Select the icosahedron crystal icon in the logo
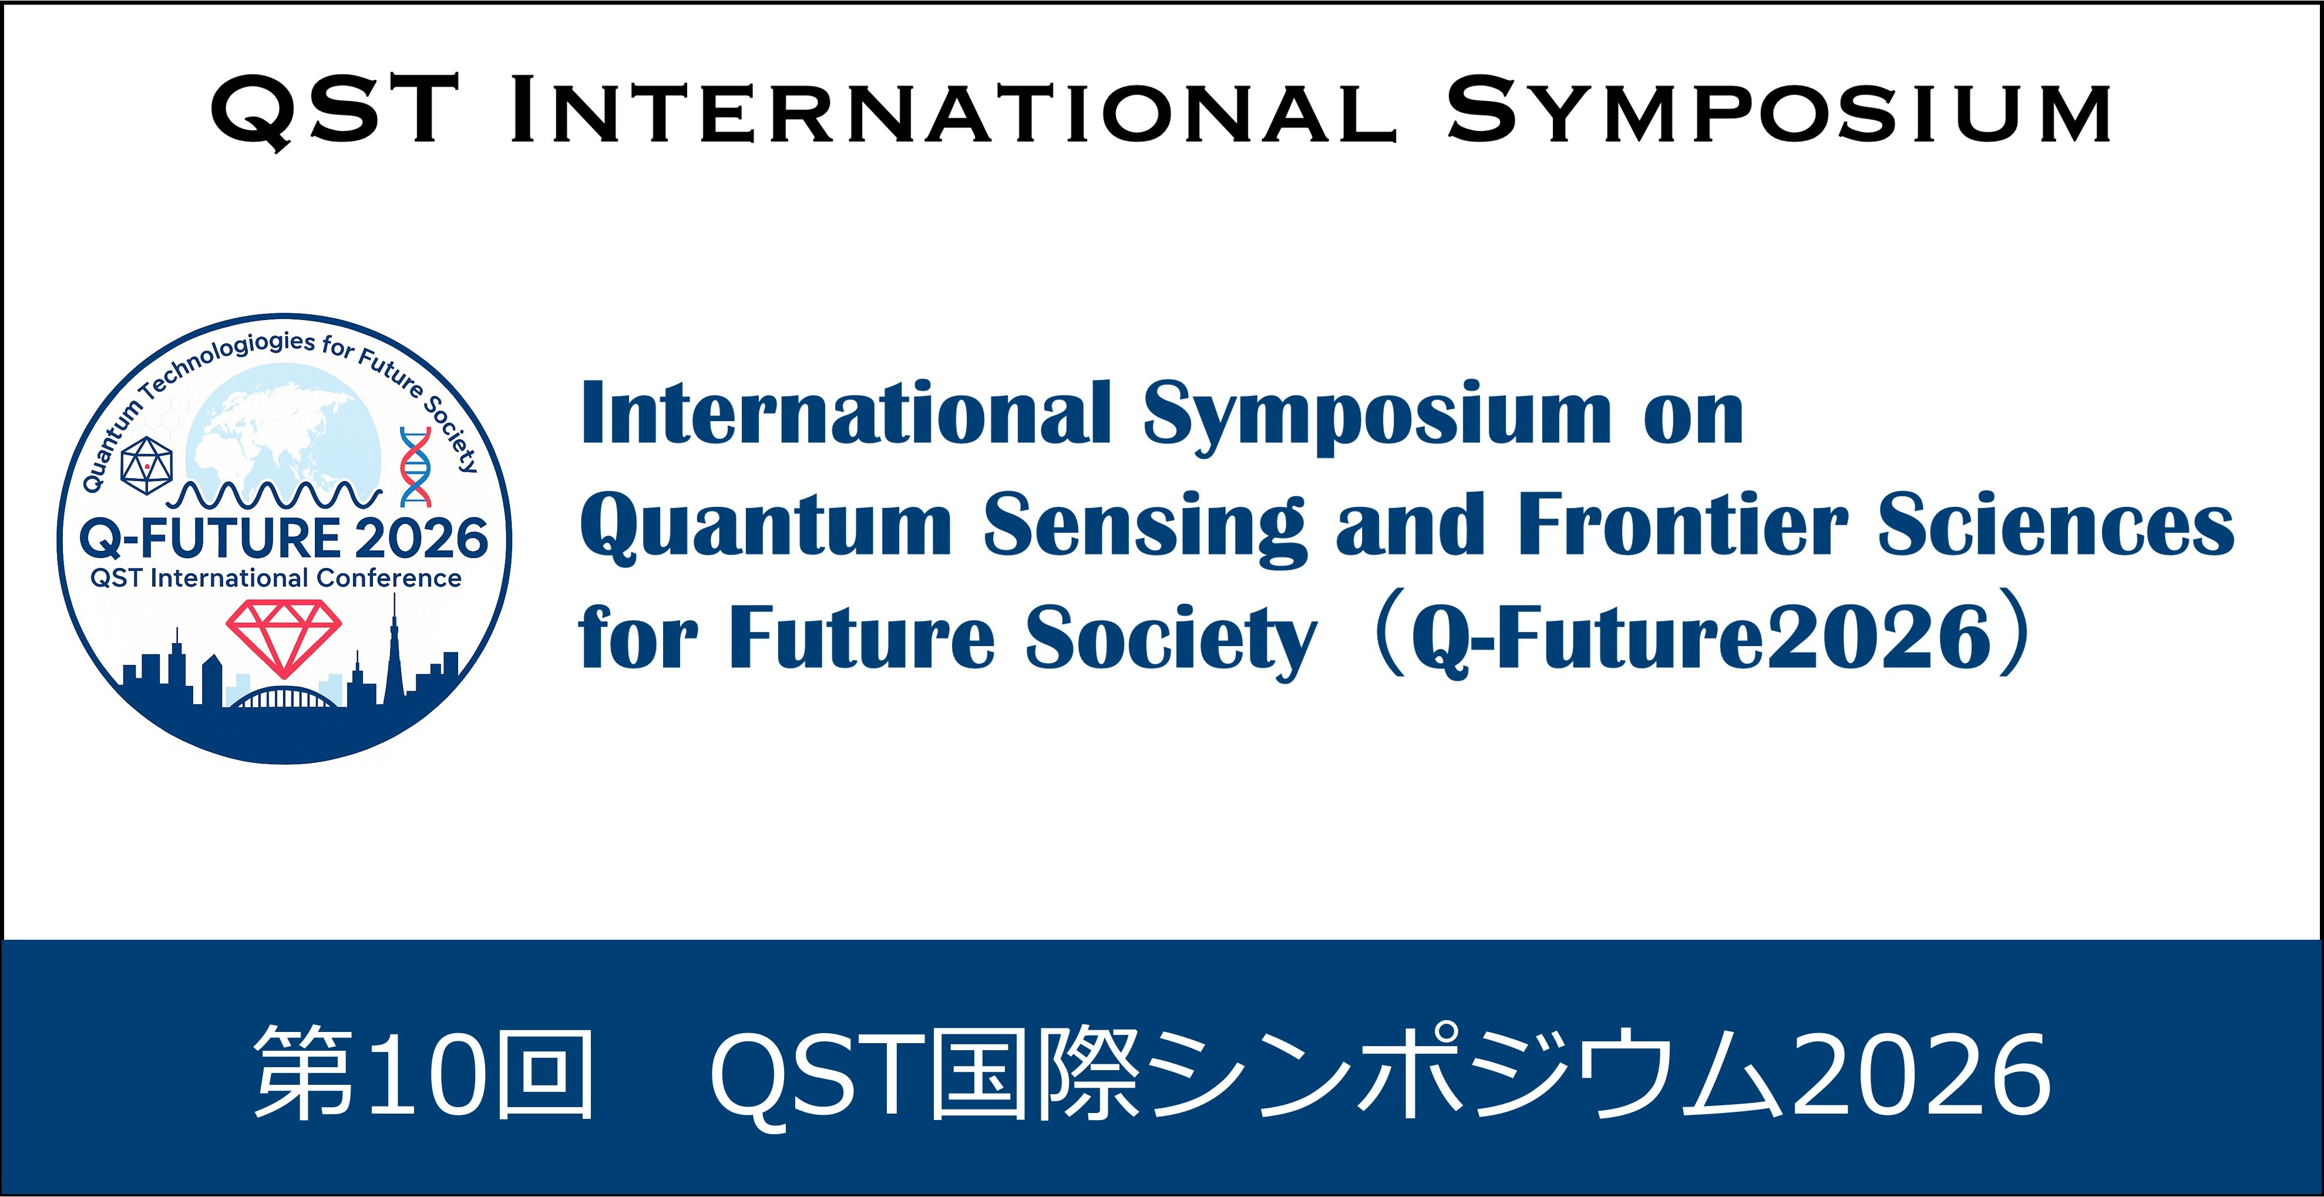point(146,465)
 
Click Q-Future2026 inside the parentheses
point(1701,638)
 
